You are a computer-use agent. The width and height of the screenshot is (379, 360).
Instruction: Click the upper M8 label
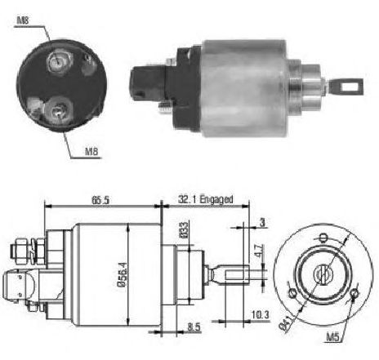tap(23, 20)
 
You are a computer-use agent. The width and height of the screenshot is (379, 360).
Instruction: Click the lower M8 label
tap(91, 151)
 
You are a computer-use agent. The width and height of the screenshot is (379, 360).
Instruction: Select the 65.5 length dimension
tap(100, 200)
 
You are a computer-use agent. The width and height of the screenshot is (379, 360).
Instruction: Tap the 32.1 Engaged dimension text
tap(206, 199)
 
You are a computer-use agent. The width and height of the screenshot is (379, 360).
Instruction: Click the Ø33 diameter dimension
tap(184, 230)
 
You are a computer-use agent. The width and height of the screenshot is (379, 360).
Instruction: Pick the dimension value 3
tap(262, 222)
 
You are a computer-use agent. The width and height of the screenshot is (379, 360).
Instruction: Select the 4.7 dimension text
tap(260, 251)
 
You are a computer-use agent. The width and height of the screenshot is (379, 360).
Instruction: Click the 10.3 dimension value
tap(260, 315)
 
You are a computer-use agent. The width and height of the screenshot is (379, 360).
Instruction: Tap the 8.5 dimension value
tap(194, 327)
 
